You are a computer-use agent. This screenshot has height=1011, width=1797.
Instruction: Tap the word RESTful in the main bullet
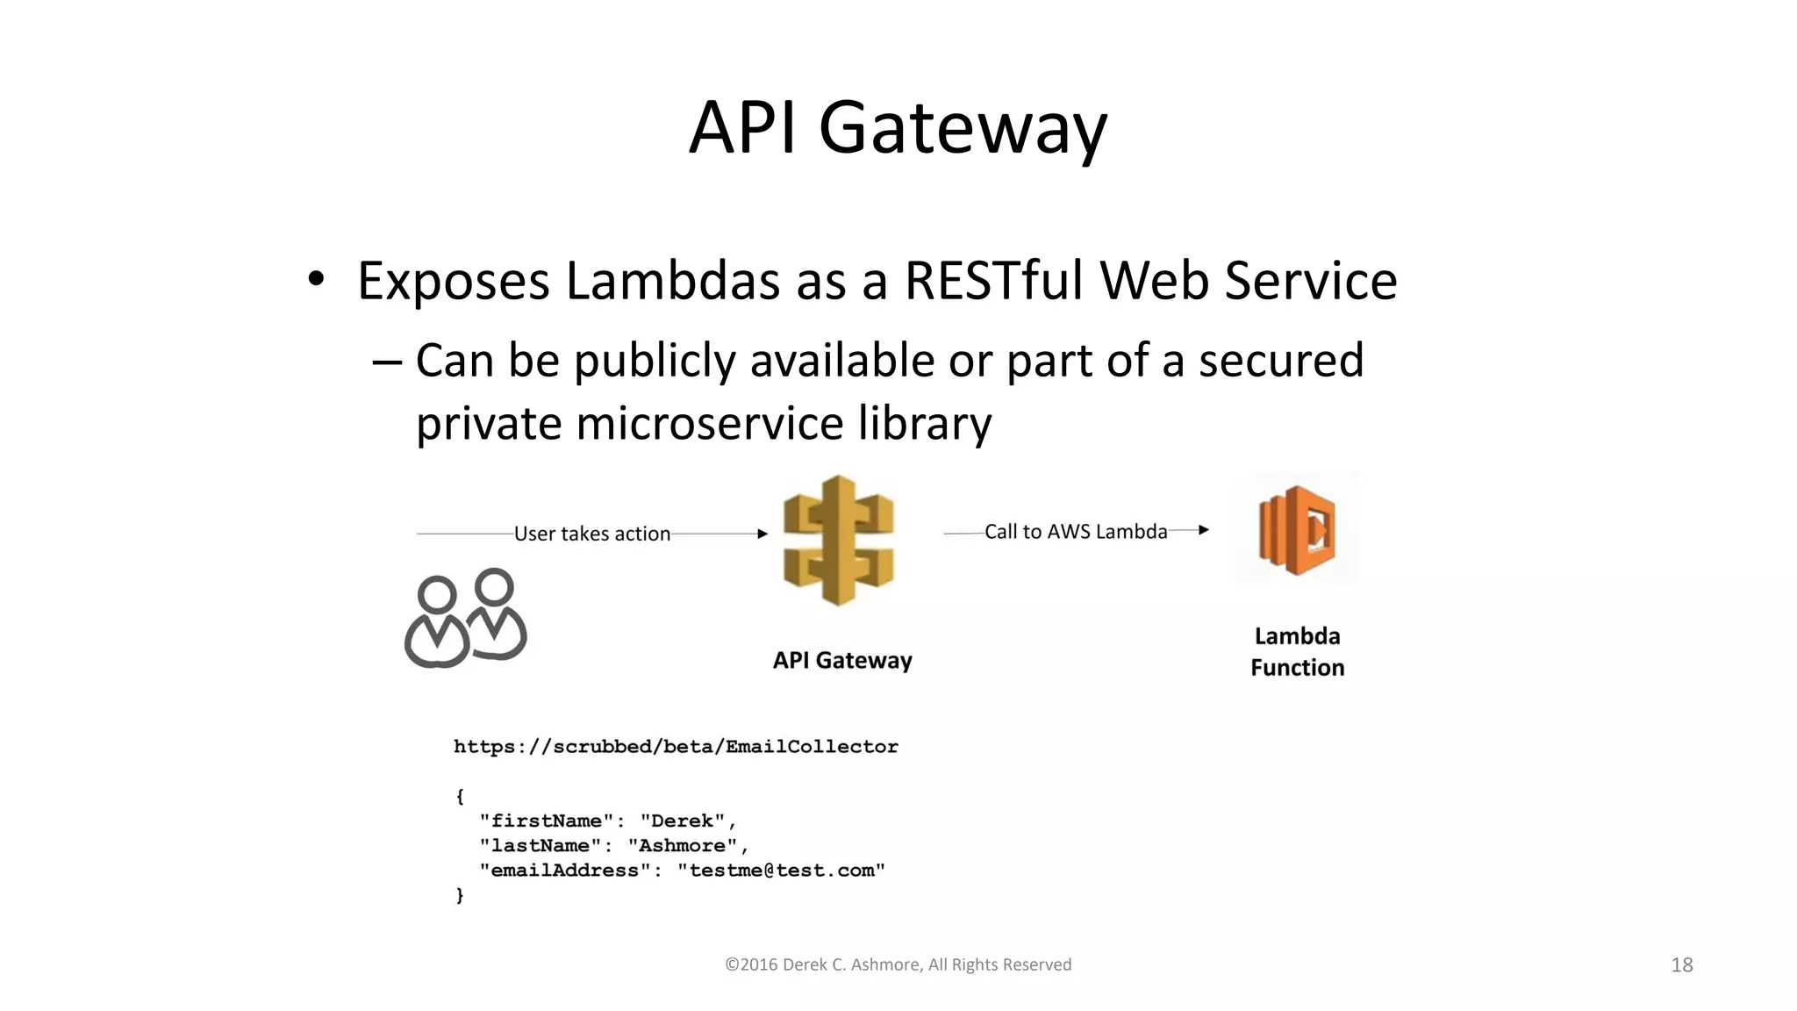pos(994,282)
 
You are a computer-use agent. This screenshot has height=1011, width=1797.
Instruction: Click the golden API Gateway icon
pos(838,540)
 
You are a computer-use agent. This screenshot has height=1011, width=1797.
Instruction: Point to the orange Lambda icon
pos(1297,529)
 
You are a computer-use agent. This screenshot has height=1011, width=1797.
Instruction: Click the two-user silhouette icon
pos(465,619)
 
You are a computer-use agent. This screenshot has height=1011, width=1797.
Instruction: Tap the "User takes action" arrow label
pos(591,534)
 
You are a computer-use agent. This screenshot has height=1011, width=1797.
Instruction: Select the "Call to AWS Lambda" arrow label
pos(1075,532)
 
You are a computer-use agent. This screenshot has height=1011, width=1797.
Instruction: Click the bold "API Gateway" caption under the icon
pos(841,660)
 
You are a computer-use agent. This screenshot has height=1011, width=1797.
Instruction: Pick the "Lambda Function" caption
pos(1297,652)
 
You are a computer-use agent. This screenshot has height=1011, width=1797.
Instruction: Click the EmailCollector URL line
pos(676,747)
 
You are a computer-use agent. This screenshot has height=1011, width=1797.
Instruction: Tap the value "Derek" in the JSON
pos(682,821)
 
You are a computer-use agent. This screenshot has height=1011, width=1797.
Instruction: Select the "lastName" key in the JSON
pos(541,846)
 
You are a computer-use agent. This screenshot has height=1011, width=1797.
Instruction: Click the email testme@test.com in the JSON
pos(782,871)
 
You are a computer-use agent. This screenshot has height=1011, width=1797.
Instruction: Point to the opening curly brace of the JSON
pos(459,796)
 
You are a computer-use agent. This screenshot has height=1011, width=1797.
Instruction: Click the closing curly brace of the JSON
pos(459,895)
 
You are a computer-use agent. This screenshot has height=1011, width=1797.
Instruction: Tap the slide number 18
pos(1681,965)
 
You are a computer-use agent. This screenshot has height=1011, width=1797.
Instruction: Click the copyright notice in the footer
pos(898,964)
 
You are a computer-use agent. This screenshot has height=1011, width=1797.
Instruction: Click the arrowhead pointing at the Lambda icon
pos(1204,530)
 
